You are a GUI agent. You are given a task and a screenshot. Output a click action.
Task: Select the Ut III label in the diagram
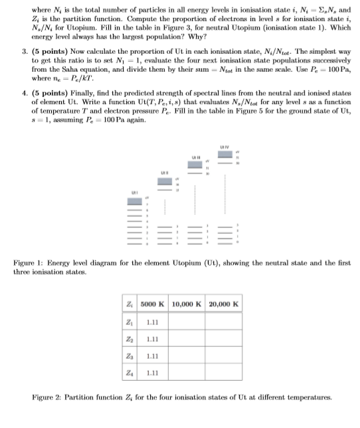click(195, 158)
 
